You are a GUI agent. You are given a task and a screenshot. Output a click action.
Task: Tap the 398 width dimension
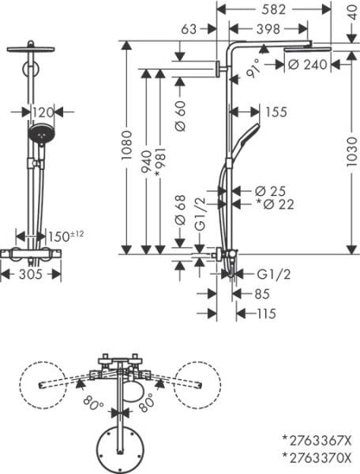point(273,29)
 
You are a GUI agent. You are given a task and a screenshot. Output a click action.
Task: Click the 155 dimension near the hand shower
point(276,113)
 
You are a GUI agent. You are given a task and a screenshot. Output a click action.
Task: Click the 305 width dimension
point(30,274)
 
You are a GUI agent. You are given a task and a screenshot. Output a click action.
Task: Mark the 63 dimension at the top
point(189,29)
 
